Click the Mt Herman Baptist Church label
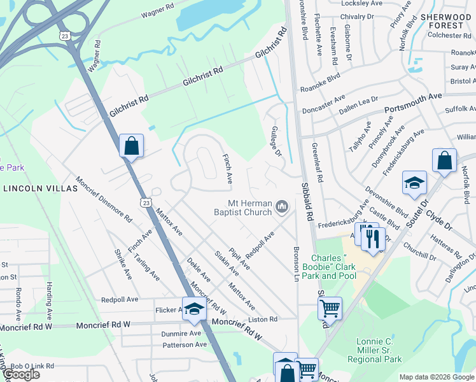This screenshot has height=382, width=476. (245, 208)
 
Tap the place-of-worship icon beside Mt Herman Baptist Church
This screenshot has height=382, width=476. (283, 206)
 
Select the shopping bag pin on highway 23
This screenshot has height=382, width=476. (130, 146)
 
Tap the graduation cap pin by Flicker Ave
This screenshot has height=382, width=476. (195, 309)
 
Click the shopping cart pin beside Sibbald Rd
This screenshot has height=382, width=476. (330, 309)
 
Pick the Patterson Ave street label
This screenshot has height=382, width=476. (185, 344)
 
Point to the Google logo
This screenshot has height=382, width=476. (21, 374)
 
